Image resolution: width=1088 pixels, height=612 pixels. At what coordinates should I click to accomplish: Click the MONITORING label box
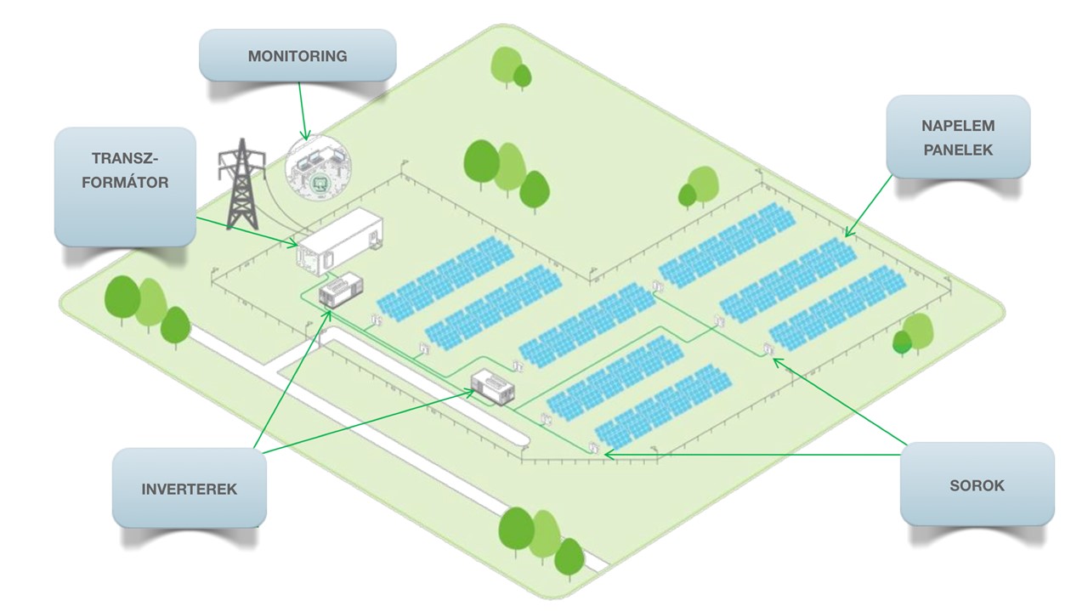[297, 56]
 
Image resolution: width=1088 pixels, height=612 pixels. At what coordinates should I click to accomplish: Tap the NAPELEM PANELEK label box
[957, 137]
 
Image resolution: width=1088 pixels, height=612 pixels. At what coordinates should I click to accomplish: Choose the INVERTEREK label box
[189, 489]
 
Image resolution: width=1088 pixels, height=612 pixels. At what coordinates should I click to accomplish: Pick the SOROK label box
[977, 485]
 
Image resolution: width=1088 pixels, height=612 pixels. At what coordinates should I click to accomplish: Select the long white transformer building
[340, 242]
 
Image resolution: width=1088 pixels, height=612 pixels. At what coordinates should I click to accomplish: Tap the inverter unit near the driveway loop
[494, 387]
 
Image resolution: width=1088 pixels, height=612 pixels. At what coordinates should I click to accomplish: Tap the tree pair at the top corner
[512, 68]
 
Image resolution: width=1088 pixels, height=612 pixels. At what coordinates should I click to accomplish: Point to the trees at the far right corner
[913, 334]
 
